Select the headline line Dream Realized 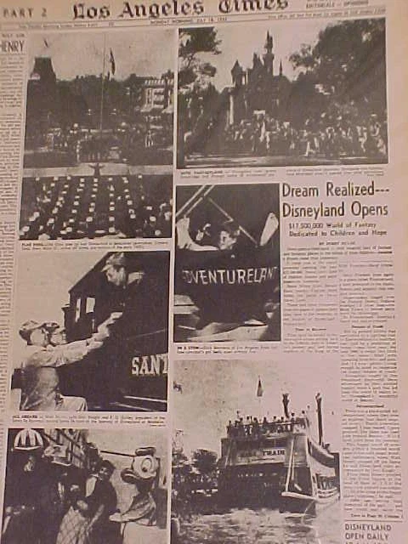tap(323, 191)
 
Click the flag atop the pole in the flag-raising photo tap(111, 60)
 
